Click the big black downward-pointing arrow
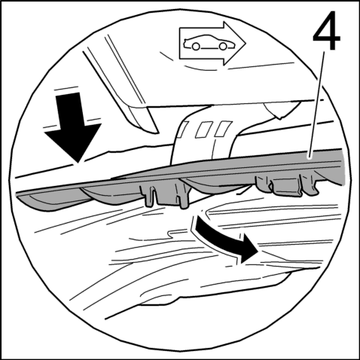coord(72,126)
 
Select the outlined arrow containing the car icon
coord(212,44)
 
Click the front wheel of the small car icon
coord(223,46)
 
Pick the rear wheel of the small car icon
coord(196,46)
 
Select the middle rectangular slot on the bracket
coord(204,130)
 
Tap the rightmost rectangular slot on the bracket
coord(224,129)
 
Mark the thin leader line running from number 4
coord(317,105)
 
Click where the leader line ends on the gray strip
coord(310,157)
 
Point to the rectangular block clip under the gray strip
coord(286,186)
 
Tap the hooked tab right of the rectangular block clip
coord(311,186)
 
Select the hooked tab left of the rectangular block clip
coord(264,185)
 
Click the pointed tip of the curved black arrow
coord(258,252)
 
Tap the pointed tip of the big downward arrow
coord(78,163)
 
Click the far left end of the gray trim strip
coord(17,194)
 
